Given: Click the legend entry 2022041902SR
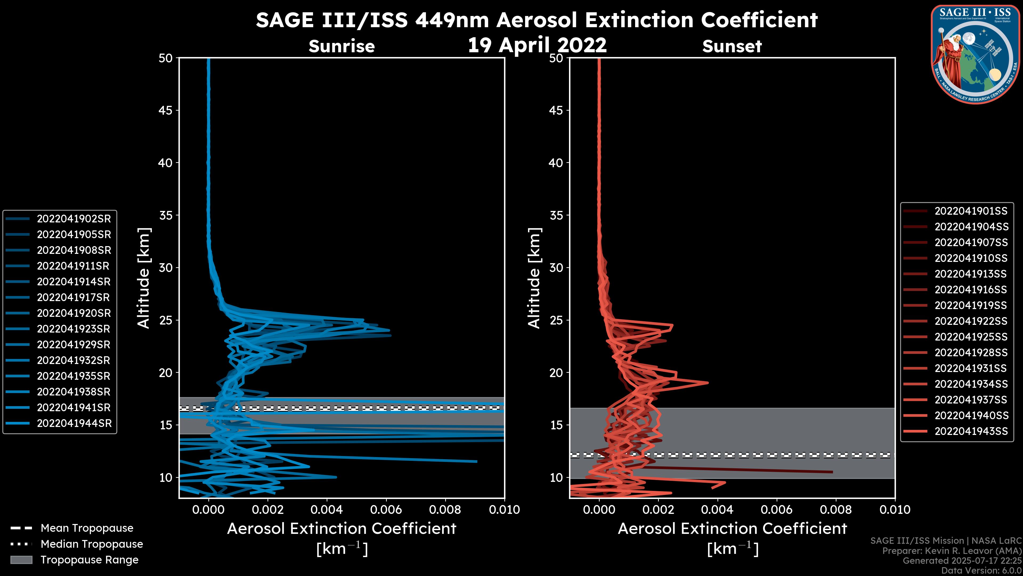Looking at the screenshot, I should pyautogui.click(x=74, y=219).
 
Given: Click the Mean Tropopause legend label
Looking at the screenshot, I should pyautogui.click(x=87, y=528).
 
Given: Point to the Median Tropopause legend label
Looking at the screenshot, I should pyautogui.click(x=92, y=544).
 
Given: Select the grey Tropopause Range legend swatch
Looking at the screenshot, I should pyautogui.click(x=21, y=560).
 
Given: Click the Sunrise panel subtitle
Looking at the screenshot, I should pyautogui.click(x=342, y=46).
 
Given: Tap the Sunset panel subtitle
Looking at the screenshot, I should pyautogui.click(x=732, y=46).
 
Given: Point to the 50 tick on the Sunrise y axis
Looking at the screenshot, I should pyautogui.click(x=166, y=58).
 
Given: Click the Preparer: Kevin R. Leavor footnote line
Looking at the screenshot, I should pyautogui.click(x=952, y=551).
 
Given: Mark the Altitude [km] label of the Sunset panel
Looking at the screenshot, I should pyautogui.click(x=534, y=278).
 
